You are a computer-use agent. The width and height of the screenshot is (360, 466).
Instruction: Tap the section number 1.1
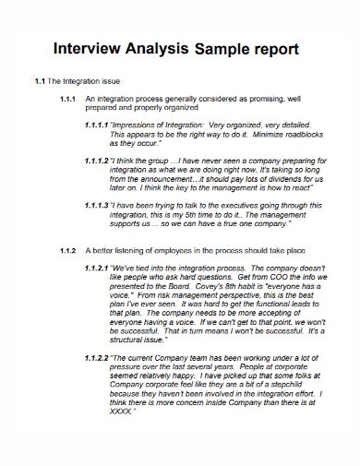(39, 81)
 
